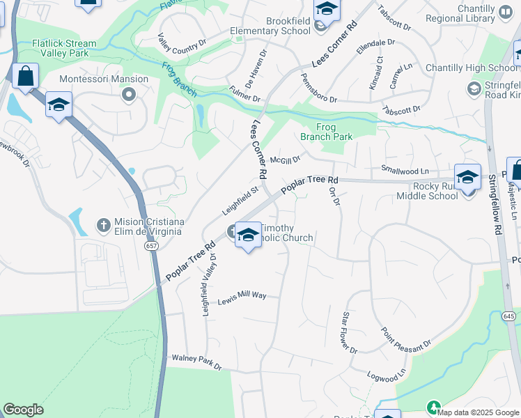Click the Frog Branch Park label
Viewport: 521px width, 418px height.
click(327, 132)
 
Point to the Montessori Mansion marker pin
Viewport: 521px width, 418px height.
click(128, 93)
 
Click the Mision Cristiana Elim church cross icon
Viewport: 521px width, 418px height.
click(102, 226)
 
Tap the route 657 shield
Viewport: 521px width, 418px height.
click(151, 247)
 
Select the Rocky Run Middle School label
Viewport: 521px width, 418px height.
click(436, 191)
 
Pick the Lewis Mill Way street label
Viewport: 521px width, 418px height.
click(242, 297)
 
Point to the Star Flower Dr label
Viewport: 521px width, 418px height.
click(349, 333)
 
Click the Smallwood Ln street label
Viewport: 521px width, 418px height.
click(405, 170)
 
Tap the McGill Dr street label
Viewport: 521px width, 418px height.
click(286, 160)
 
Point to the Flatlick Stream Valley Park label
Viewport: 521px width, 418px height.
click(64, 48)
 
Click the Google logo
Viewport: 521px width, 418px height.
click(23, 410)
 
